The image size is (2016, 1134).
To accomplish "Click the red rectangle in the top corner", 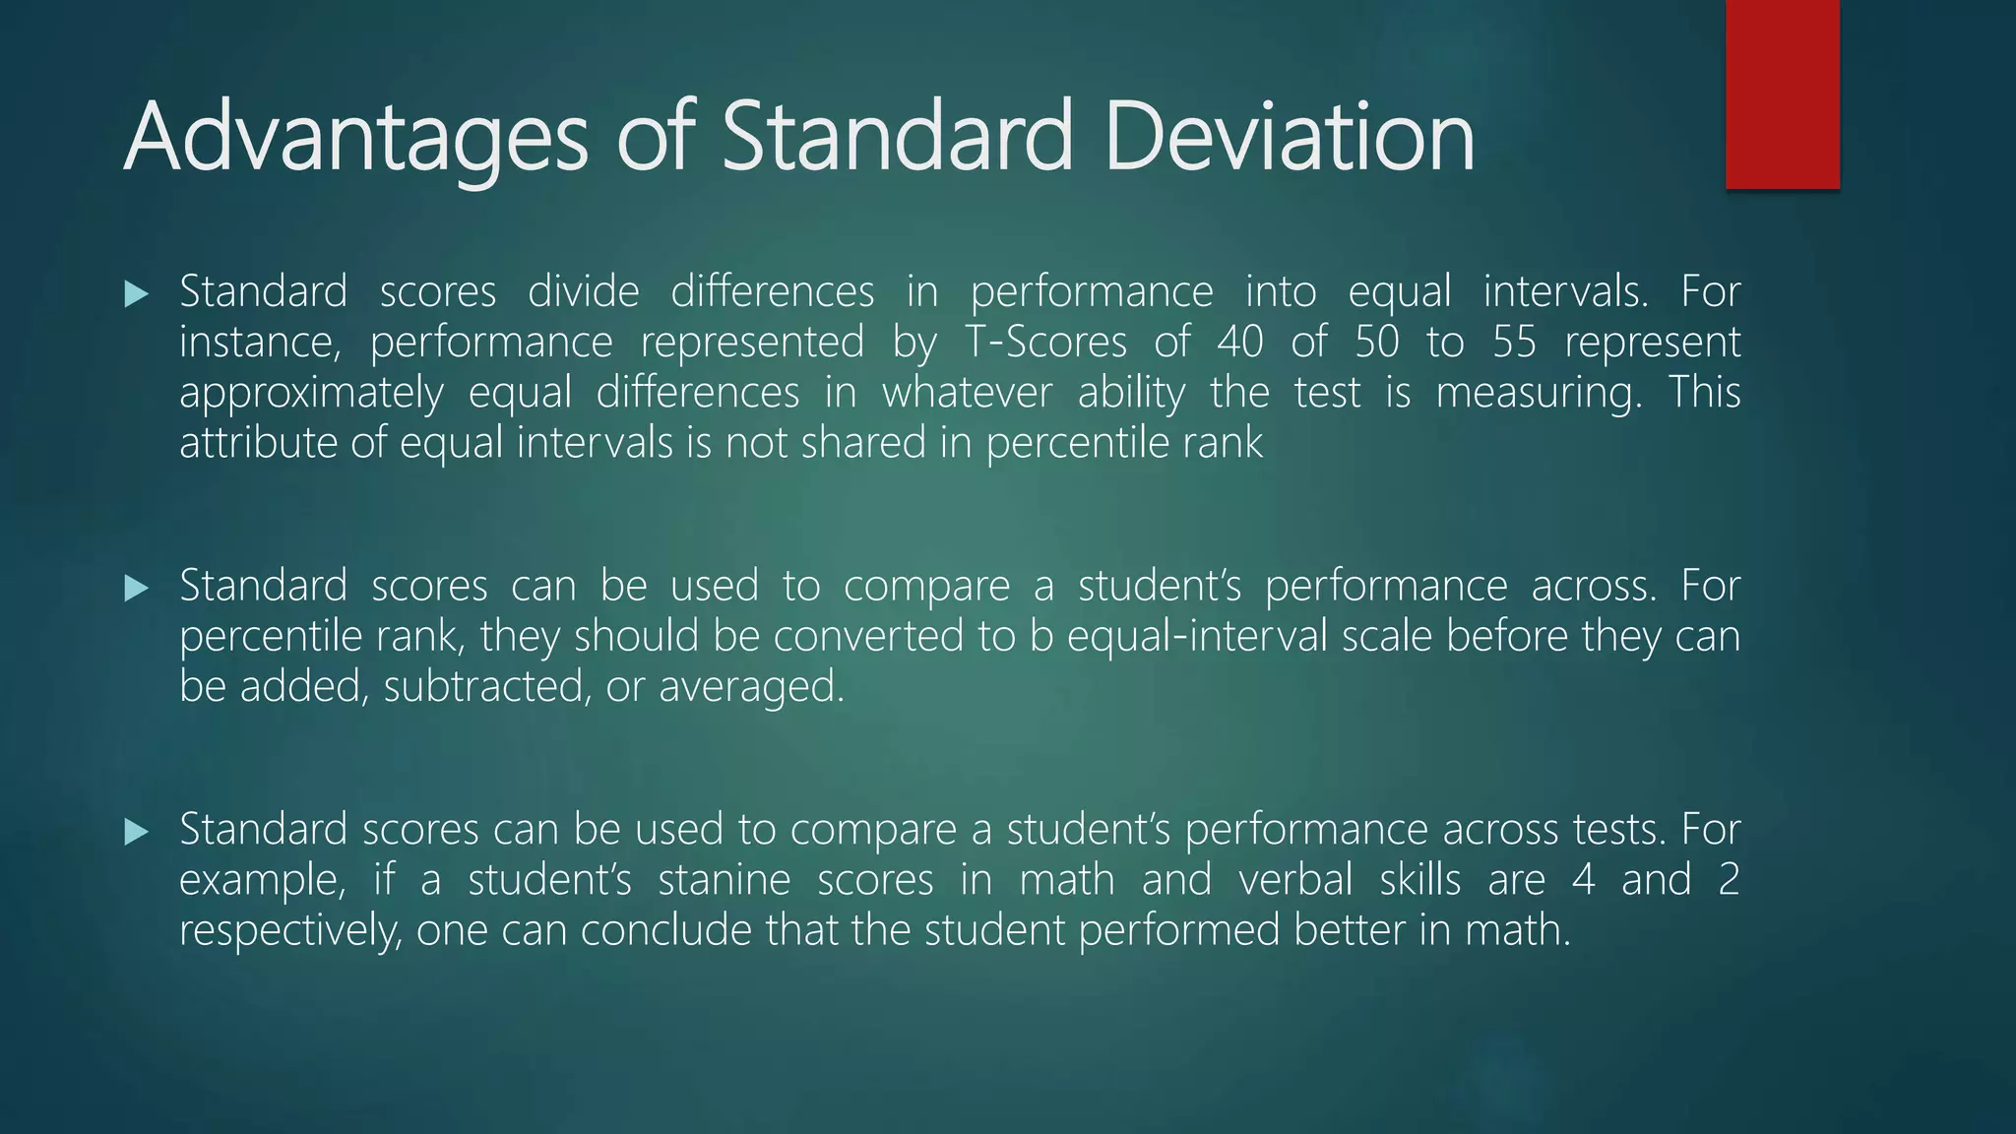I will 1782,94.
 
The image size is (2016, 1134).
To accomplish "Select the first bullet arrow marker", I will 137,293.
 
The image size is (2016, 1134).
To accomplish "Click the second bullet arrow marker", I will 137,589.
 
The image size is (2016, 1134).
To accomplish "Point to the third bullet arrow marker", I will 137,833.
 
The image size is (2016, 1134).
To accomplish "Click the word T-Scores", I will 1044,343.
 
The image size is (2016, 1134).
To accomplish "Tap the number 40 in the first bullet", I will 1239,343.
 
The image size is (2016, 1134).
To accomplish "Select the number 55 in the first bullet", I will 1514,343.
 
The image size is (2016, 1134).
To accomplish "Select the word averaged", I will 751,687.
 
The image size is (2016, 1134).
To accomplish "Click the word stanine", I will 724,879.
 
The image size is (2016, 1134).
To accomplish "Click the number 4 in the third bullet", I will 1583,879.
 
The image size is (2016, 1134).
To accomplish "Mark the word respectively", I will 290,930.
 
